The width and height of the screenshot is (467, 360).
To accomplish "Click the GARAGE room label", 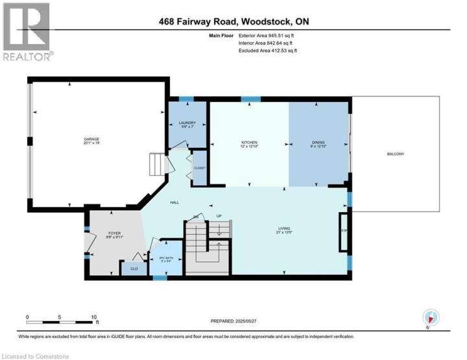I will coord(91,141).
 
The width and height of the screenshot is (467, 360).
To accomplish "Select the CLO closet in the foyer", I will coord(134,268).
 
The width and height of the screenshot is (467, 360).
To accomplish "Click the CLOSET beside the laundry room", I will coord(199,168).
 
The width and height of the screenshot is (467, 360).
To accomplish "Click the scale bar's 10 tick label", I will coord(95,317).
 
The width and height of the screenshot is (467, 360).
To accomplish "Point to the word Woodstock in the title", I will coord(266,22).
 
